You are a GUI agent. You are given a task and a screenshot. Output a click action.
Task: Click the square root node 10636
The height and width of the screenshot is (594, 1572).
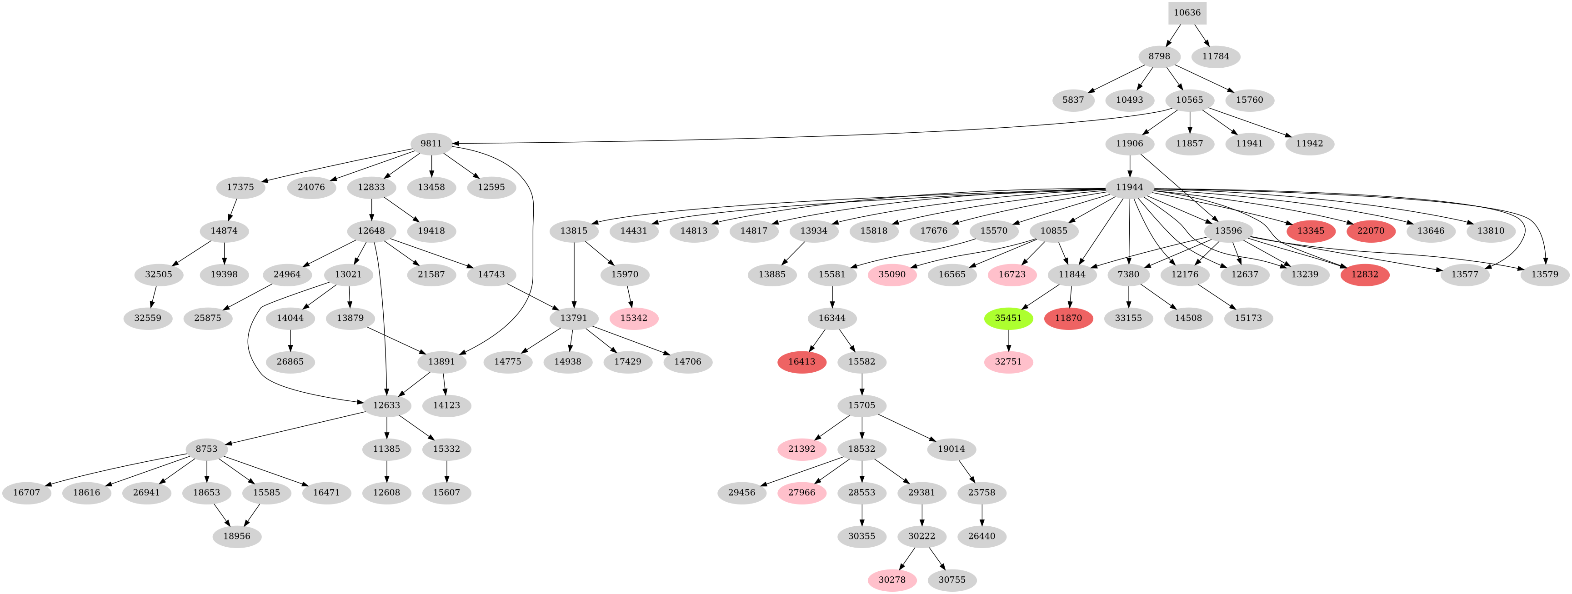coord(1187,13)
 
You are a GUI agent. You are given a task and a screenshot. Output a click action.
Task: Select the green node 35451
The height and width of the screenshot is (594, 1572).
coord(1008,318)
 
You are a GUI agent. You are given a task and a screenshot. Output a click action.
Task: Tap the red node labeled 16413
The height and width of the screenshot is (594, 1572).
coord(801,362)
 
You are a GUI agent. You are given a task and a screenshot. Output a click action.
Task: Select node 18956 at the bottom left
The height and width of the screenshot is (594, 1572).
coord(237,537)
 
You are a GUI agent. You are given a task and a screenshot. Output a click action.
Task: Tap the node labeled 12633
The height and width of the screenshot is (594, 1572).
coord(386,405)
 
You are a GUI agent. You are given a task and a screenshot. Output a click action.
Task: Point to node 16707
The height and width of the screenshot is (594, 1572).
coord(26,493)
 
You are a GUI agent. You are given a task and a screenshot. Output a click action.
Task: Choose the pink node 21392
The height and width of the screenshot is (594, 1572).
coord(801,449)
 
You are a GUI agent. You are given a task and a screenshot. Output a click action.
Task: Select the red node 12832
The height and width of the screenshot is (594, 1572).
coord(1365,275)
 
